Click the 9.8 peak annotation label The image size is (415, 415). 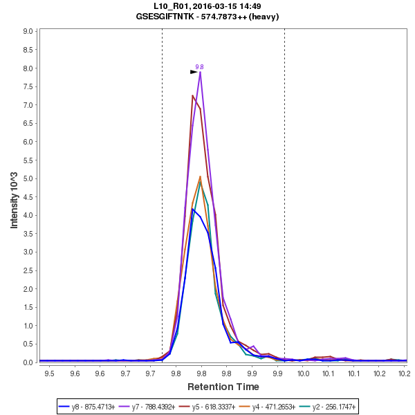pyautogui.click(x=199, y=66)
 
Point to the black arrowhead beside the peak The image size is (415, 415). pyautogui.click(x=194, y=71)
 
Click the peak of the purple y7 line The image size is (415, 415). pyautogui.click(x=200, y=72)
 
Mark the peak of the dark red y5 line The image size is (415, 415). pyautogui.click(x=192, y=95)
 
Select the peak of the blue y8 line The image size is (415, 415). pyautogui.click(x=193, y=209)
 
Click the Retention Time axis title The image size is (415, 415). pyautogui.click(x=223, y=387)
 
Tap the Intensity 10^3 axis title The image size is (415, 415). pyautogui.click(x=15, y=196)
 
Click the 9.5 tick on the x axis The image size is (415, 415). pyautogui.click(x=49, y=373)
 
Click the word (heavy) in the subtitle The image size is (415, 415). pyautogui.click(x=264, y=16)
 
